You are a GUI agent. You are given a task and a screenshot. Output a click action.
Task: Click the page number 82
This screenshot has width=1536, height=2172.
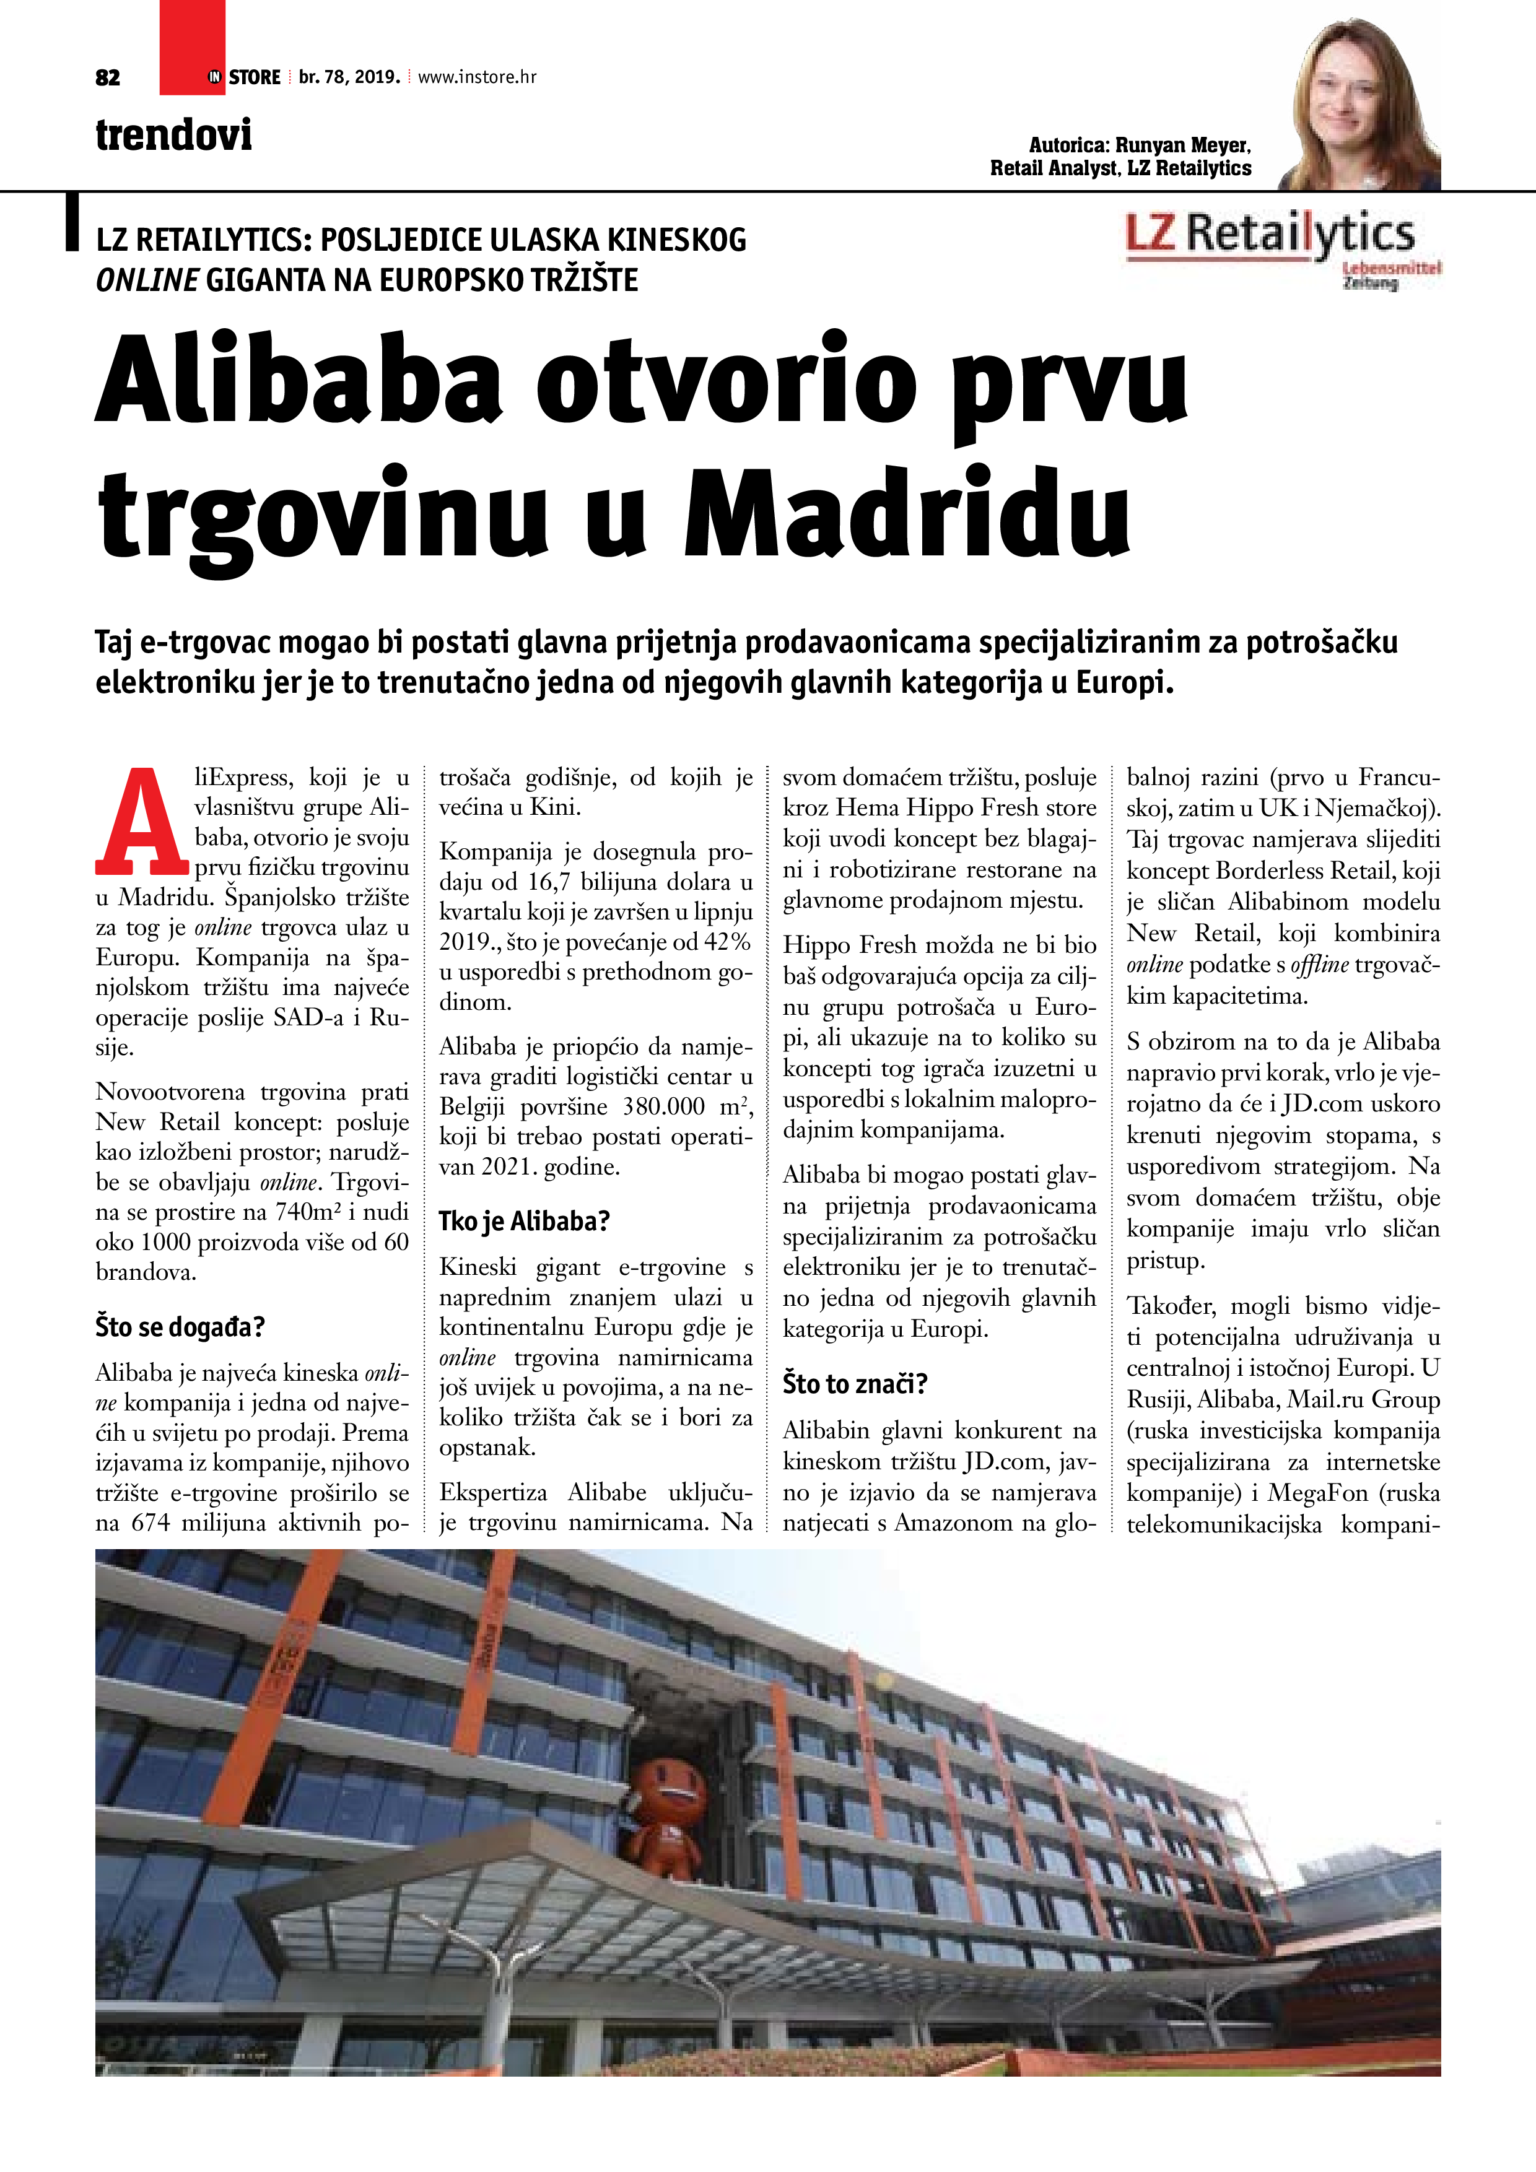click(108, 77)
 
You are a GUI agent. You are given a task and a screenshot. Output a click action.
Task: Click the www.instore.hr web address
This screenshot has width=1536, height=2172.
click(477, 77)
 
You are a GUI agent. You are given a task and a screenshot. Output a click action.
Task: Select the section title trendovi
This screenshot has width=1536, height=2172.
click(174, 134)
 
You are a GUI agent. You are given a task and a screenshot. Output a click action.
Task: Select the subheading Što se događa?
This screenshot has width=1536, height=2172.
click(180, 1326)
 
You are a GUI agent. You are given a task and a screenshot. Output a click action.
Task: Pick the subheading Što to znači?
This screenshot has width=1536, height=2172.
click(855, 1383)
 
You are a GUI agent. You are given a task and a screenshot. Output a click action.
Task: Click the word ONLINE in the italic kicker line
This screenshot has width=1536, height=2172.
click(147, 280)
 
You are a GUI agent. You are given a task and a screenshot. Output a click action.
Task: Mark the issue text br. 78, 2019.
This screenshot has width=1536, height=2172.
click(349, 77)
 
